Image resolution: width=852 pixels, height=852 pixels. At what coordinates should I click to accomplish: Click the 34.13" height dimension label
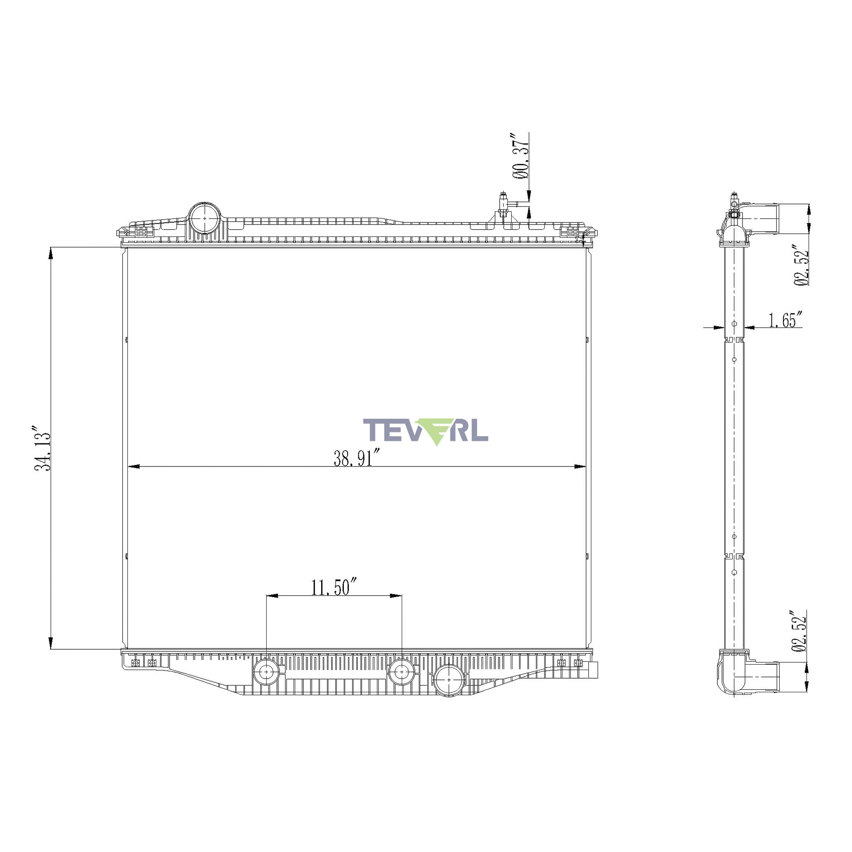[x=43, y=448]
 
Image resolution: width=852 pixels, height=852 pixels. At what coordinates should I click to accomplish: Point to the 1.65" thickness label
[x=785, y=320]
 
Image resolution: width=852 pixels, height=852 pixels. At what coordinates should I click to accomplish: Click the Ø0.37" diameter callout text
[x=521, y=155]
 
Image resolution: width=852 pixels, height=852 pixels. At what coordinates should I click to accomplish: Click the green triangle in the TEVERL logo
[x=436, y=431]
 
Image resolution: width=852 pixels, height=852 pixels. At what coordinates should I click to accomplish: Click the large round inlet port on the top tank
[x=204, y=218]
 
